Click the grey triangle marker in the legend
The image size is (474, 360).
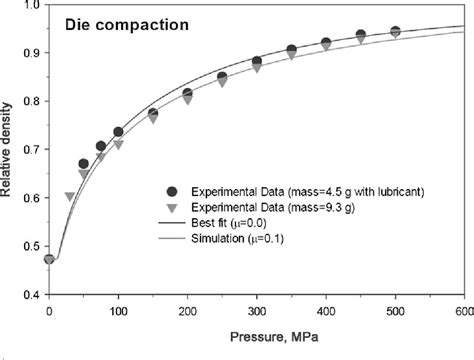173,206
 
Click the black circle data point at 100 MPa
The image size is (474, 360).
118,132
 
